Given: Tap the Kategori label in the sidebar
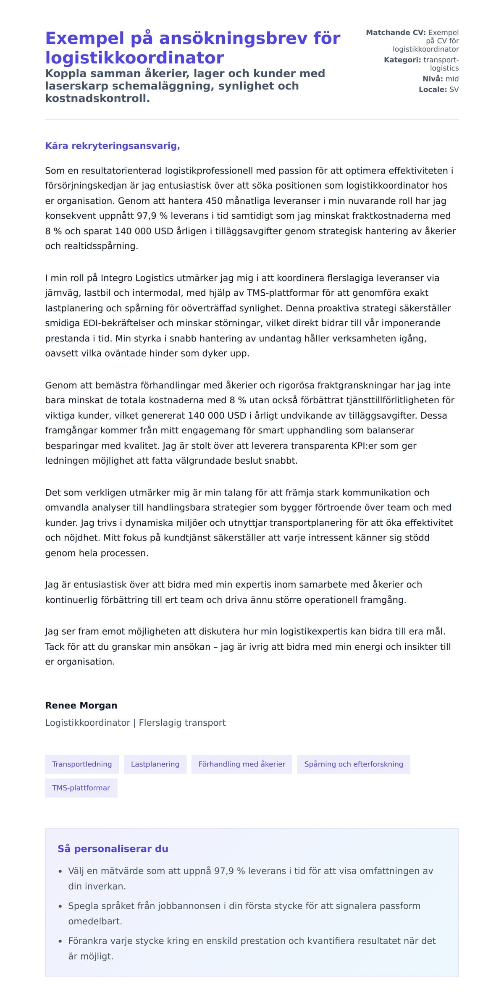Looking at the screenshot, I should tap(402, 60).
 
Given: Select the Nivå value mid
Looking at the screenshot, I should tap(452, 79).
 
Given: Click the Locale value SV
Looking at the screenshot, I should tap(454, 89).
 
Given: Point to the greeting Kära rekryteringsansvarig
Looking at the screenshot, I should tap(113, 146).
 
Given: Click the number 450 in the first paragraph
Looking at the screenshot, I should tap(214, 201).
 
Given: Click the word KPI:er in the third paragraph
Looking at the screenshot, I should tap(365, 446).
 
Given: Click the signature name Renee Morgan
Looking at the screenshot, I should tap(81, 705).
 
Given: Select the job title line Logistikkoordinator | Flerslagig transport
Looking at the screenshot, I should tap(135, 722).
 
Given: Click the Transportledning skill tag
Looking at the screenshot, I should tap(82, 764).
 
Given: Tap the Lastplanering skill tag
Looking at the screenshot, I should tap(155, 764).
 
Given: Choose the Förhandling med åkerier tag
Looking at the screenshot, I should tap(241, 764).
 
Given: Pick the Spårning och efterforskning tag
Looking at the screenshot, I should tap(353, 764).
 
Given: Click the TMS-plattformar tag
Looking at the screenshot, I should tap(81, 788).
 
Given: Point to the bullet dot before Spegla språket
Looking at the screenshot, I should tap(60, 906).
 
